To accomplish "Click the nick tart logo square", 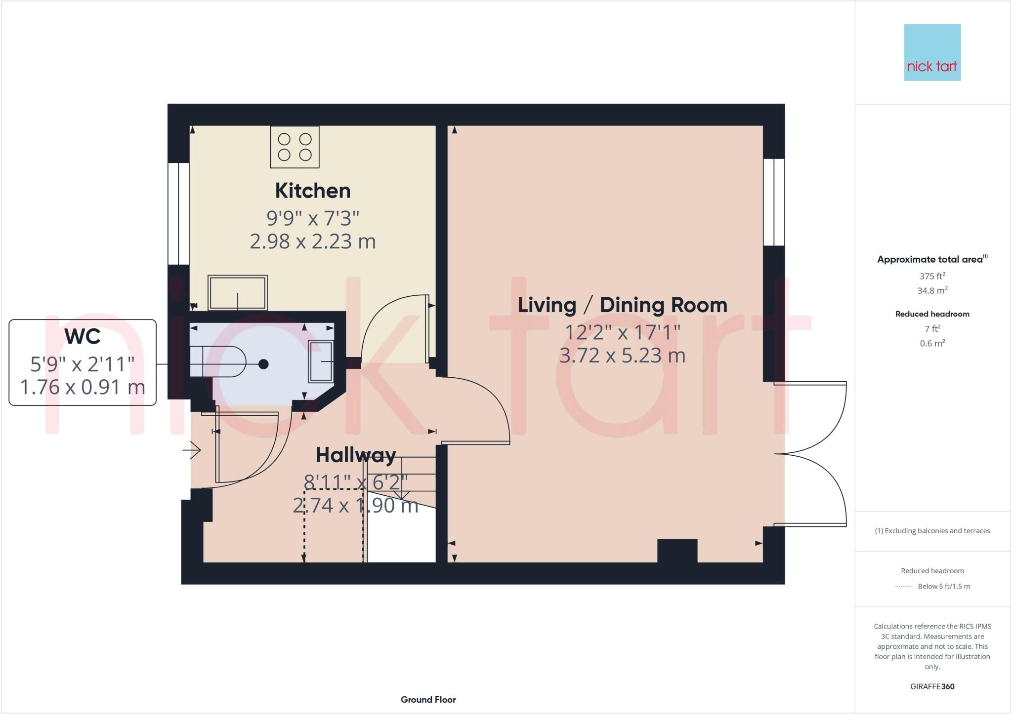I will point(932,52).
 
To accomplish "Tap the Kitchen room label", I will point(312,191).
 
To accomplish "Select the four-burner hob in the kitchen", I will point(295,147).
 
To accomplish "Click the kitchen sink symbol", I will point(237,293).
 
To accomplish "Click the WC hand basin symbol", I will point(321,361).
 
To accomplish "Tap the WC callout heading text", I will point(83,337).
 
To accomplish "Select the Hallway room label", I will point(356,455).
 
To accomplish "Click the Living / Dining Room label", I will point(622,305).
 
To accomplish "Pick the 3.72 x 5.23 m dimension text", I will point(622,356).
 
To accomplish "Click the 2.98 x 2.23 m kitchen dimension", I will point(312,241).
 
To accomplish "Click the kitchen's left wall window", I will point(178,213).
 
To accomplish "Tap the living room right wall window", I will point(774,202).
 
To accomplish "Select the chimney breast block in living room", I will point(677,551).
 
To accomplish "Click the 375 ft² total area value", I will point(932,276).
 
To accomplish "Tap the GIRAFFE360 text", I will point(932,686).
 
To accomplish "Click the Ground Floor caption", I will point(428,700).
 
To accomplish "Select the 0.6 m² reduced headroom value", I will point(932,344).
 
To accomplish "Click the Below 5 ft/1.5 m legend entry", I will point(943,587).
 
